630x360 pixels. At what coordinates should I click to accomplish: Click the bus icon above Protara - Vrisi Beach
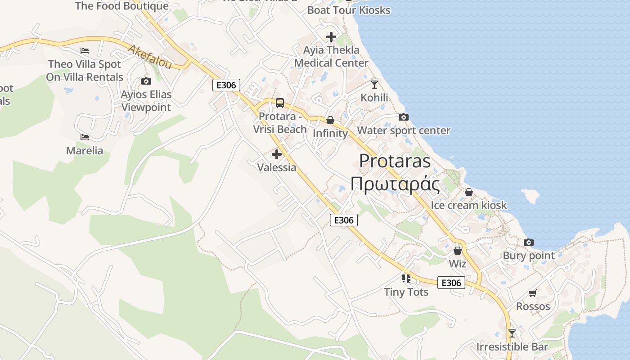[x=280, y=103]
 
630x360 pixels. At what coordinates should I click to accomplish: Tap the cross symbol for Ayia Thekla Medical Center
[x=331, y=37]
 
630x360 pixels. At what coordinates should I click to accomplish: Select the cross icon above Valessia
[x=277, y=155]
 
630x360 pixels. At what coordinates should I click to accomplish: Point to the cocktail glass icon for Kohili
[x=374, y=84]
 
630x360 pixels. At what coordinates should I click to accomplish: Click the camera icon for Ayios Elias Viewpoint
[x=146, y=81]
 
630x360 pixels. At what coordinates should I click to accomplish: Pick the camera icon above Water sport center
[x=404, y=117]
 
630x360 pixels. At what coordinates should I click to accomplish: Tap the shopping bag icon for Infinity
[x=330, y=120]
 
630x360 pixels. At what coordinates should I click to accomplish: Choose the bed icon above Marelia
[x=85, y=137]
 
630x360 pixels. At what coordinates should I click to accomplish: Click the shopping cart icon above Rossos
[x=533, y=293]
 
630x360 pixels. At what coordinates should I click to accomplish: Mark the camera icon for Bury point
[x=529, y=243]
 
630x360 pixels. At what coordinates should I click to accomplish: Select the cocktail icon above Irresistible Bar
[x=512, y=333]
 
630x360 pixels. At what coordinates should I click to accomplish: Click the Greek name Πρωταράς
[x=395, y=184]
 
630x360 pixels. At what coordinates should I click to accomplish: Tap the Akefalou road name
[x=150, y=57]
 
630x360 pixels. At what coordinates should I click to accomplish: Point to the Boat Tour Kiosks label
[x=349, y=10]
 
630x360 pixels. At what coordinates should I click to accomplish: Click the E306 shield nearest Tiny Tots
[x=451, y=283]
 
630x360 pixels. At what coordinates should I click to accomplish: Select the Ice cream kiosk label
[x=469, y=205]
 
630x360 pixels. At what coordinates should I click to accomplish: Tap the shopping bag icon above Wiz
[x=458, y=251]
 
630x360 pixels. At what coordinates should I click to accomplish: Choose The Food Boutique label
[x=122, y=6]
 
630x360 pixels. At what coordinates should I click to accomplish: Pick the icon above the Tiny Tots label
[x=406, y=279]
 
